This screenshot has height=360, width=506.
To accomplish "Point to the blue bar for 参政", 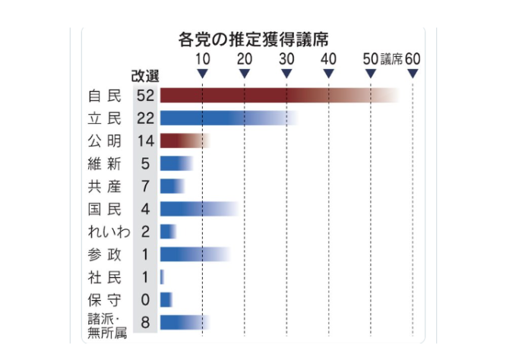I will (193, 254).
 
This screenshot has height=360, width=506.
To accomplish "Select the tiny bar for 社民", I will (162, 276).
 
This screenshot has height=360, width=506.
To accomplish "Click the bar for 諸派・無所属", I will (182, 322).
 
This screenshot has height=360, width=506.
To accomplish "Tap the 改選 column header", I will (144, 75).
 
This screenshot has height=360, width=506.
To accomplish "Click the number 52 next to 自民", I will (145, 96).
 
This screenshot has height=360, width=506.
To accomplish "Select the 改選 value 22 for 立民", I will (145, 118).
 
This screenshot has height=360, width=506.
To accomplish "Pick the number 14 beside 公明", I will (145, 141).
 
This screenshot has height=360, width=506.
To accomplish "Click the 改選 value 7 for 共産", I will (145, 186).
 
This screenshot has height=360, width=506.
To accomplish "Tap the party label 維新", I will (104, 163).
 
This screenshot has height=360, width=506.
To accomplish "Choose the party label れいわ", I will (104, 232).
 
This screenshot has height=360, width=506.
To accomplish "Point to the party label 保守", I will (104, 299).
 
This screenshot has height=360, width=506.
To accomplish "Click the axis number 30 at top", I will (286, 59).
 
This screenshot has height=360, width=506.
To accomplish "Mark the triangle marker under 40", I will (329, 74).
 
